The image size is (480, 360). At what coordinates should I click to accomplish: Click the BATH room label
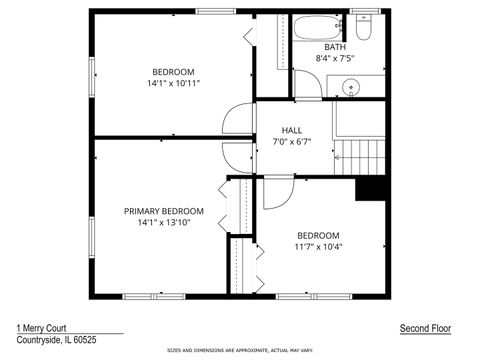(x=335, y=47)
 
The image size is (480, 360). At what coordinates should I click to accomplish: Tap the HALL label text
(x=292, y=130)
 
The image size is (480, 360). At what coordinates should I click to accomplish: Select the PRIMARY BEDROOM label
(x=164, y=211)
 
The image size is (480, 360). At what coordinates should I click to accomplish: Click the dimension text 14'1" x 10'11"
(x=173, y=84)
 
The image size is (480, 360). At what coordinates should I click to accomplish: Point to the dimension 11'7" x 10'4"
(x=318, y=247)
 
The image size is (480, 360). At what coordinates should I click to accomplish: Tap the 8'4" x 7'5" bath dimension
(x=335, y=59)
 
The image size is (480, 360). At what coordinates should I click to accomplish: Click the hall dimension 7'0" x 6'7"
(x=292, y=142)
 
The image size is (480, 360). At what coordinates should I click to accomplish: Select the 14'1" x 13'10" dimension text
(x=164, y=223)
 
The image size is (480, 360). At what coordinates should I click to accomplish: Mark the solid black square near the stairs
(x=371, y=187)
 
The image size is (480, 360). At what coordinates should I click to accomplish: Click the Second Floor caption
(x=425, y=327)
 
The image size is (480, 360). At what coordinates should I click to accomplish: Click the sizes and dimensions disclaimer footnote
(x=240, y=350)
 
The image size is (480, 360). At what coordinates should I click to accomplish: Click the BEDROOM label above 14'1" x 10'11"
(x=173, y=72)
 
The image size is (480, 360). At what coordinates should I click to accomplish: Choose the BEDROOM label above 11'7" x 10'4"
(x=318, y=235)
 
